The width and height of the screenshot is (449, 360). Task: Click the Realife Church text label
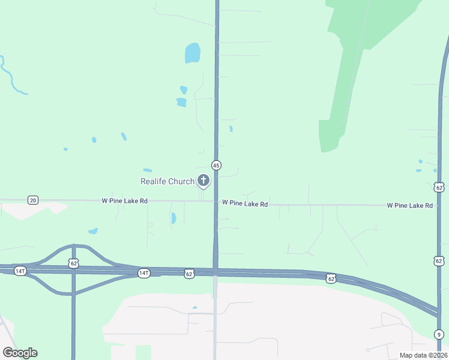[x=167, y=181]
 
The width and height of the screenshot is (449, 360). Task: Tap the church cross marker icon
[x=203, y=180]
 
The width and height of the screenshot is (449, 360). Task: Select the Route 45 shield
[x=216, y=165]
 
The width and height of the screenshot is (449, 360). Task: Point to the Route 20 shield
[x=33, y=200]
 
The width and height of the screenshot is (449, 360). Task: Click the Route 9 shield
[x=439, y=334]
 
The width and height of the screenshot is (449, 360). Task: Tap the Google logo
[x=20, y=353]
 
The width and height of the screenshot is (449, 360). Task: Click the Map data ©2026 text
[x=423, y=355]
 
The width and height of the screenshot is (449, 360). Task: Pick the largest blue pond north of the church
[x=192, y=53]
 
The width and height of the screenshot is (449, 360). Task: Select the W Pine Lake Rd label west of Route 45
[x=124, y=201]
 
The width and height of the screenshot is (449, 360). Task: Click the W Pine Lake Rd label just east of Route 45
[x=244, y=204]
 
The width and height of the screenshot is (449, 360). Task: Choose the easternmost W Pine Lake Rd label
[x=410, y=205]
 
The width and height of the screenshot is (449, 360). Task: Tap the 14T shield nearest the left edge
[x=20, y=271]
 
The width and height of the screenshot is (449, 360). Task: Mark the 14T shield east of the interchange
[x=143, y=273]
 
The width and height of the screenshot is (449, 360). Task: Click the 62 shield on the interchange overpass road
[x=73, y=263]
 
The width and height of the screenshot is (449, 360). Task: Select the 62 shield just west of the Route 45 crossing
[x=189, y=273]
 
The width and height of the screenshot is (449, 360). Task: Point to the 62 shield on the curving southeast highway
[x=331, y=278]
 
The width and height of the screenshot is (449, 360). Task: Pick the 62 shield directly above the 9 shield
[x=439, y=260]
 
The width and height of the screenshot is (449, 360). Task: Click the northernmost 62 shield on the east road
[x=439, y=188]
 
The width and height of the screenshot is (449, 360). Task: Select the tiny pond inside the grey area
[x=194, y=308]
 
